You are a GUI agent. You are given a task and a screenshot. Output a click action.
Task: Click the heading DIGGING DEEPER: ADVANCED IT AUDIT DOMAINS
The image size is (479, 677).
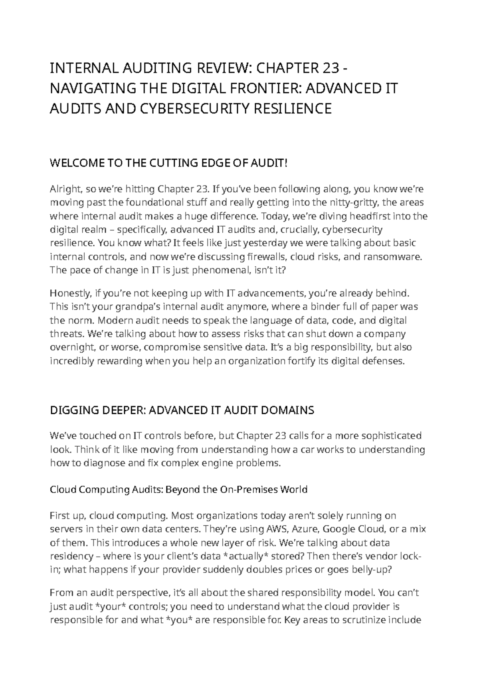pyautogui.click(x=182, y=410)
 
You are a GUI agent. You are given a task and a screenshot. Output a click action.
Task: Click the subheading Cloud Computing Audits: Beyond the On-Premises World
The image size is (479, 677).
pyautogui.click(x=178, y=489)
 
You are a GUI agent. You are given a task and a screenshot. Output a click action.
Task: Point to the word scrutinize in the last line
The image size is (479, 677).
pyautogui.click(x=363, y=621)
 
